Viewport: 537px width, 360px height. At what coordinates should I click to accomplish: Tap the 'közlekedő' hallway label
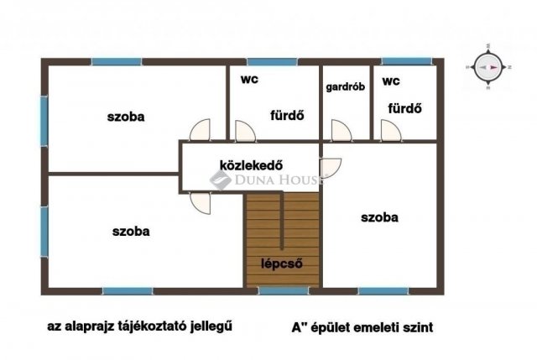249,164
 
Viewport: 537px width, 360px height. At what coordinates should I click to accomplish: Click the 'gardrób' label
344,86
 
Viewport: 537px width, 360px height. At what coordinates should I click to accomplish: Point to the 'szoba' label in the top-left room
126,117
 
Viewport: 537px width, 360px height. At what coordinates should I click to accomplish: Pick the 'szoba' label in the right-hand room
379,217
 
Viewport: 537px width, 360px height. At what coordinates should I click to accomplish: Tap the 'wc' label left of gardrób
248,81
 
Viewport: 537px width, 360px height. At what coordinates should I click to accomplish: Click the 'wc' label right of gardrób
390,81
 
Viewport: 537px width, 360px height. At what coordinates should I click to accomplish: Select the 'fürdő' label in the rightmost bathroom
404,109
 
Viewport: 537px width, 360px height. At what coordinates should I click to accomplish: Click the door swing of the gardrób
340,131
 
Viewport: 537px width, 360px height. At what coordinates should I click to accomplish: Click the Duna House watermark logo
222,180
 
